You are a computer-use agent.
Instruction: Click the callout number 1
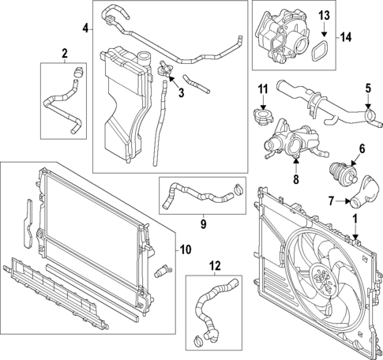click(x=355, y=216)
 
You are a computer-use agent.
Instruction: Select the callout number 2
click(x=64, y=54)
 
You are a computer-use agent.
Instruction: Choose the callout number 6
click(x=362, y=148)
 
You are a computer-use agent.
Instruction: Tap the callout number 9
click(x=202, y=223)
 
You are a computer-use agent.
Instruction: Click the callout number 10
click(x=186, y=250)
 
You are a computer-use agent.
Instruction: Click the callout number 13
click(x=324, y=16)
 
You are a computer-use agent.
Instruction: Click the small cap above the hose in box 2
click(x=77, y=74)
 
